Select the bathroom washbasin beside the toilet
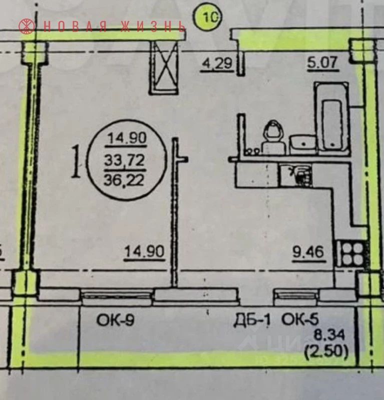tap(303, 143)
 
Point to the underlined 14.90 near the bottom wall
tap(144, 253)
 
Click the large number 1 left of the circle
tap(76, 162)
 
